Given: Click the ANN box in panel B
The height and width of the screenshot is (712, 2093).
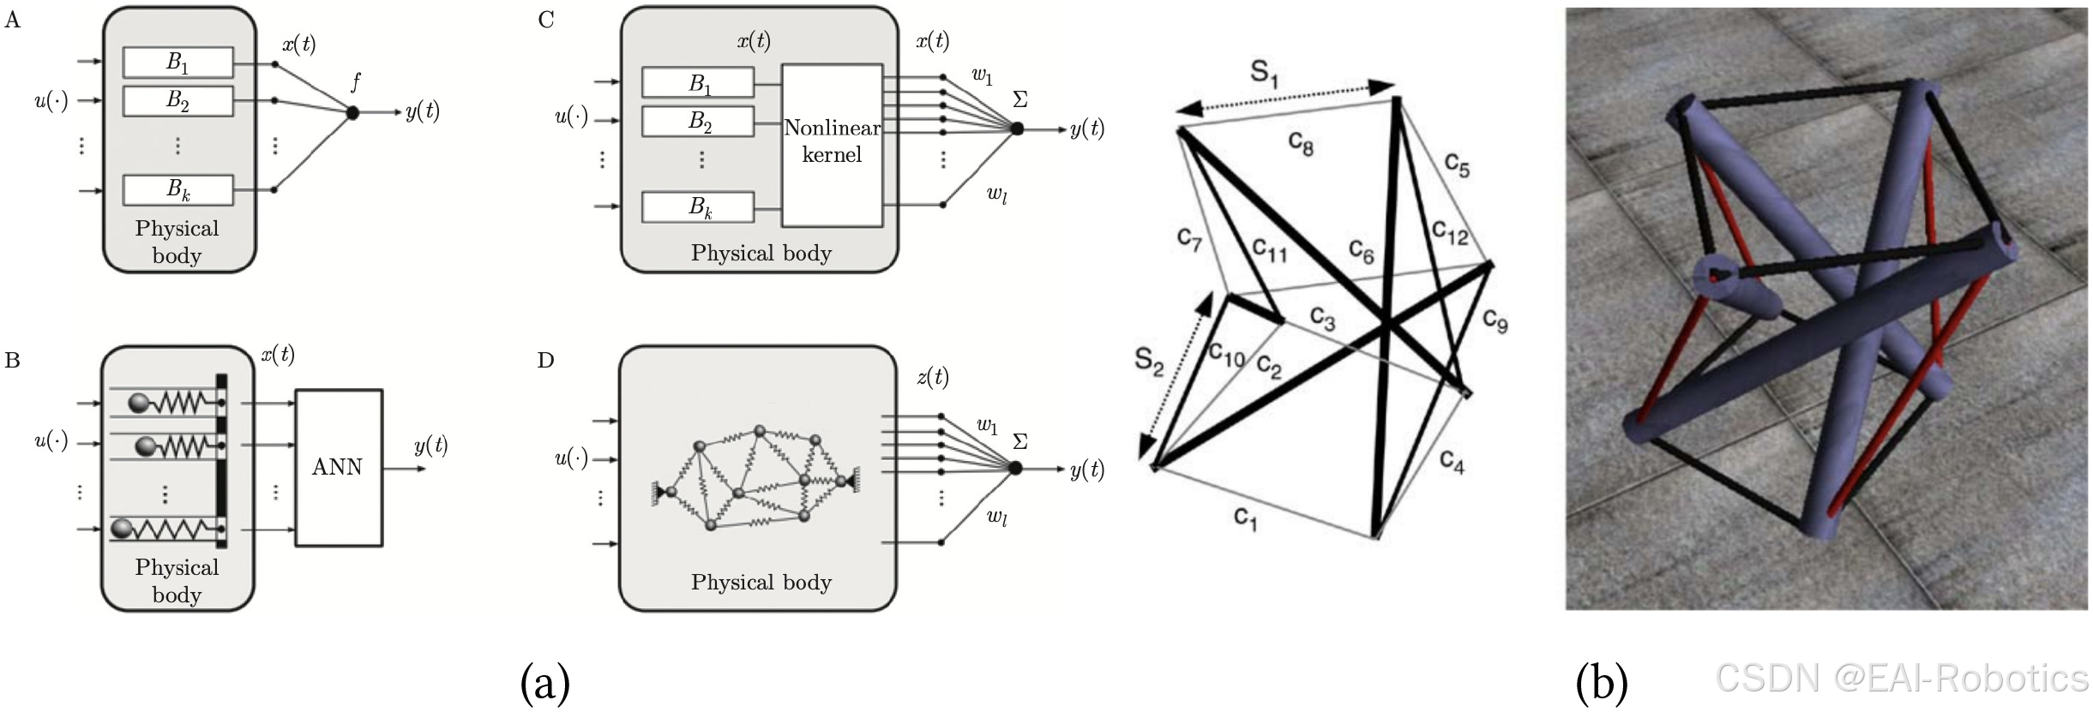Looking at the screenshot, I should click(x=338, y=468).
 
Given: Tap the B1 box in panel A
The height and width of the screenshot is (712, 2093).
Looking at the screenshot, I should click(x=177, y=62).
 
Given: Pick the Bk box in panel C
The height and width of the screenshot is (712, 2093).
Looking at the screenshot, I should click(x=698, y=207).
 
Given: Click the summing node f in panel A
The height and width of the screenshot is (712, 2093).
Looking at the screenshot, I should click(x=352, y=112).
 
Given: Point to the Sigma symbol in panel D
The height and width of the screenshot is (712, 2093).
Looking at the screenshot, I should click(x=1019, y=441).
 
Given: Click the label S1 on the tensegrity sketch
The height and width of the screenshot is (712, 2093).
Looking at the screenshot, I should click(x=1264, y=74).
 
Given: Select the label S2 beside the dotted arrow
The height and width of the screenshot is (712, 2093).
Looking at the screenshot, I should click(x=1149, y=361).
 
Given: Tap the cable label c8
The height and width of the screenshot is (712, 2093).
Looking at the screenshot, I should click(x=1300, y=144).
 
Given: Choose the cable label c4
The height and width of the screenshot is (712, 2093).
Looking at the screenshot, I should click(x=1452, y=463).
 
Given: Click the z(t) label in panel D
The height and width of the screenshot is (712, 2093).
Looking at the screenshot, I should click(x=932, y=377).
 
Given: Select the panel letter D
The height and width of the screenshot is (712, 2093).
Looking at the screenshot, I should click(x=545, y=360).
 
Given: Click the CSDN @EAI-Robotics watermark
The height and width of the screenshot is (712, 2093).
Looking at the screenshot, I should click(x=1901, y=679).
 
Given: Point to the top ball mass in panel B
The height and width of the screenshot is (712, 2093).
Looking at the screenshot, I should click(x=140, y=403).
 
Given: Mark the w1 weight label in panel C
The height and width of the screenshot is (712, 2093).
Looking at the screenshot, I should click(x=982, y=77).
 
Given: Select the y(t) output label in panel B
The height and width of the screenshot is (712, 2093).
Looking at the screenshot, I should click(x=430, y=446).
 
